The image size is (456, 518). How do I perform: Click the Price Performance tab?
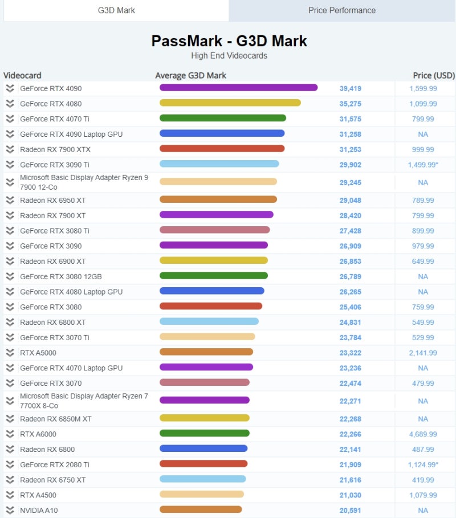point(342,10)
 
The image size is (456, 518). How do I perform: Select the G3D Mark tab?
point(116,10)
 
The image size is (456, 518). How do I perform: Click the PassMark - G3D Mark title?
point(229,41)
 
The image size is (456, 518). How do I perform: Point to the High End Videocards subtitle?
point(229,56)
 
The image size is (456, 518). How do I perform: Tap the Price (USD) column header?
point(434,75)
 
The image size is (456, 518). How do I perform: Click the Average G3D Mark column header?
point(191,75)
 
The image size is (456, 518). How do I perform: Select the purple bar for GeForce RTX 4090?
point(238,88)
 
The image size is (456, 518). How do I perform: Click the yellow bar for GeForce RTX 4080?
point(230,103)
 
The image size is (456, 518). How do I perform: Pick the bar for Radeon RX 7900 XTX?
point(222,149)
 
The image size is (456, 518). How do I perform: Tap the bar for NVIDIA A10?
point(201,509)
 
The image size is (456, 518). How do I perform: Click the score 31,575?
point(351,119)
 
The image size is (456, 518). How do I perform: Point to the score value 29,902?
point(351,164)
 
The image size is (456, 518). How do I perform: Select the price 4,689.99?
point(423,434)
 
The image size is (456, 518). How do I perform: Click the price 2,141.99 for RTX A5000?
point(423,353)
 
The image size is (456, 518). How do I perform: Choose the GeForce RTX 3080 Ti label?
point(55,231)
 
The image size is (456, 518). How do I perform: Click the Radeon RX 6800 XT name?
point(53,323)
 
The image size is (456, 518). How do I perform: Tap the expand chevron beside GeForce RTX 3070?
point(10,383)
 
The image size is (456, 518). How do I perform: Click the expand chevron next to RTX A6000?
point(10,434)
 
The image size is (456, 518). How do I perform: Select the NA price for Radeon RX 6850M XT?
point(423,419)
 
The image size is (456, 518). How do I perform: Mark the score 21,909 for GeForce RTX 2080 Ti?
point(351,465)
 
